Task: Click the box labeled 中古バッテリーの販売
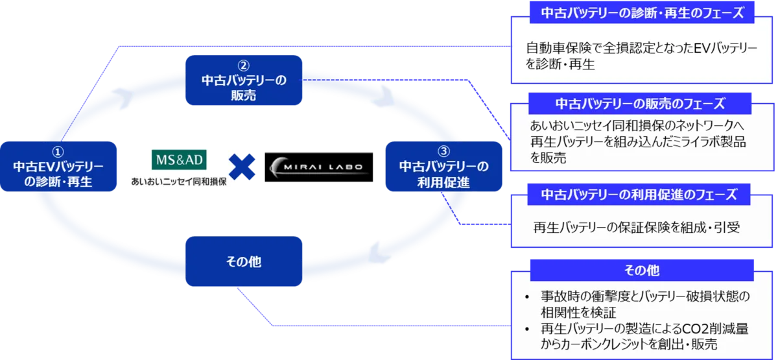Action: (x=243, y=80)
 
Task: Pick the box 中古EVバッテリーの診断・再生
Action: (x=58, y=166)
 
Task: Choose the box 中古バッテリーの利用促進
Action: (x=443, y=167)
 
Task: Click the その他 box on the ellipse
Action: (x=243, y=261)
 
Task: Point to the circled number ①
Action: (x=58, y=150)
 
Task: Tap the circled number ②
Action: (x=243, y=65)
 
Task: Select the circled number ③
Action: (x=443, y=151)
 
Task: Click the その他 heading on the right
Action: (x=642, y=269)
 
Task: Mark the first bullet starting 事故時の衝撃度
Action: (x=639, y=304)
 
